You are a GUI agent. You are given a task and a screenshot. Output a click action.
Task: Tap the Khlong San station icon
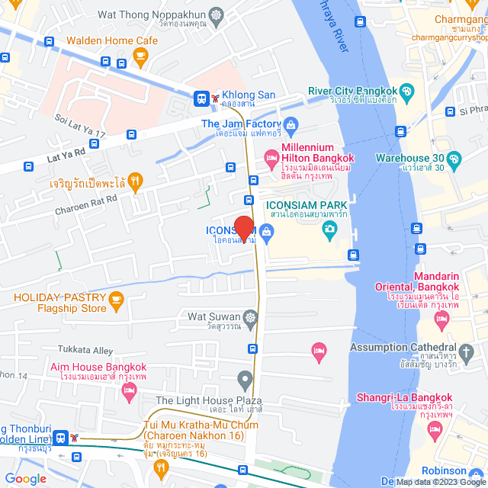(202, 98)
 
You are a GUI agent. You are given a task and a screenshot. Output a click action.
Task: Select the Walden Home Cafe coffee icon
(140, 55)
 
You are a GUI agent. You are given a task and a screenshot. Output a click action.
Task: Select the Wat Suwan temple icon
(250, 316)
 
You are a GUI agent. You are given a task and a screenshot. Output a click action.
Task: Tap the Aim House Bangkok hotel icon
(128, 390)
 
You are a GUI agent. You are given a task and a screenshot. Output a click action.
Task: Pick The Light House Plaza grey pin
(244, 378)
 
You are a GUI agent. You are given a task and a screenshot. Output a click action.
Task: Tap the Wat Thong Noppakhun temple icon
(217, 14)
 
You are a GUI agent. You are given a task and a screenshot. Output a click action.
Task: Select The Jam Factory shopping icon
(291, 124)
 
